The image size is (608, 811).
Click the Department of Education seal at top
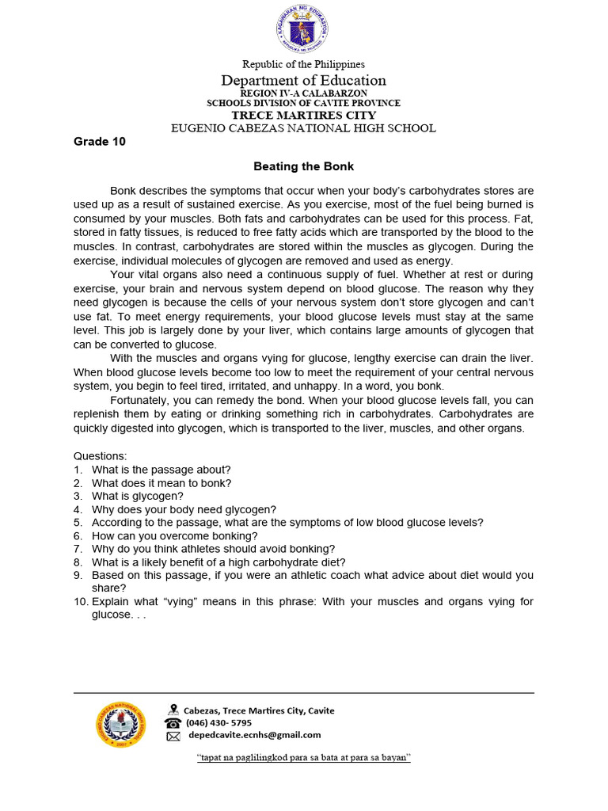302,29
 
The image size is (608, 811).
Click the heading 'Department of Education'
304,80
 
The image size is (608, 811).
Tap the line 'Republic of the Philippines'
304,64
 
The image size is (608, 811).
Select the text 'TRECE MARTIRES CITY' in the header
304,115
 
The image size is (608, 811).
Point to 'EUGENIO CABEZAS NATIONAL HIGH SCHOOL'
304,128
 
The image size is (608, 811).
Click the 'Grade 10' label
100,143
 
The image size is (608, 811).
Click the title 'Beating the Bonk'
304,166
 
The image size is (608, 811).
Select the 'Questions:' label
100,456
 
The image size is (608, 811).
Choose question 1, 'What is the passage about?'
161,470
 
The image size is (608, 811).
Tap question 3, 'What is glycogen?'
137,497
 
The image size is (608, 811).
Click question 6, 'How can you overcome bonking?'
174,536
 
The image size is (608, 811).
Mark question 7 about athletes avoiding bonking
213,549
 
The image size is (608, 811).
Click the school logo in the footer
121,724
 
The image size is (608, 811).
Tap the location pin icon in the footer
173,710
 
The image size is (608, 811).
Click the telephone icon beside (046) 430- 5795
173,723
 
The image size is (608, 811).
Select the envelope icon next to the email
173,736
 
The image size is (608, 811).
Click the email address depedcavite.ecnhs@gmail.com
254,735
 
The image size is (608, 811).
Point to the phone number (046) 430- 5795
218,723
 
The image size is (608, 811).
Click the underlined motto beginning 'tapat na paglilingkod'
304,758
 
